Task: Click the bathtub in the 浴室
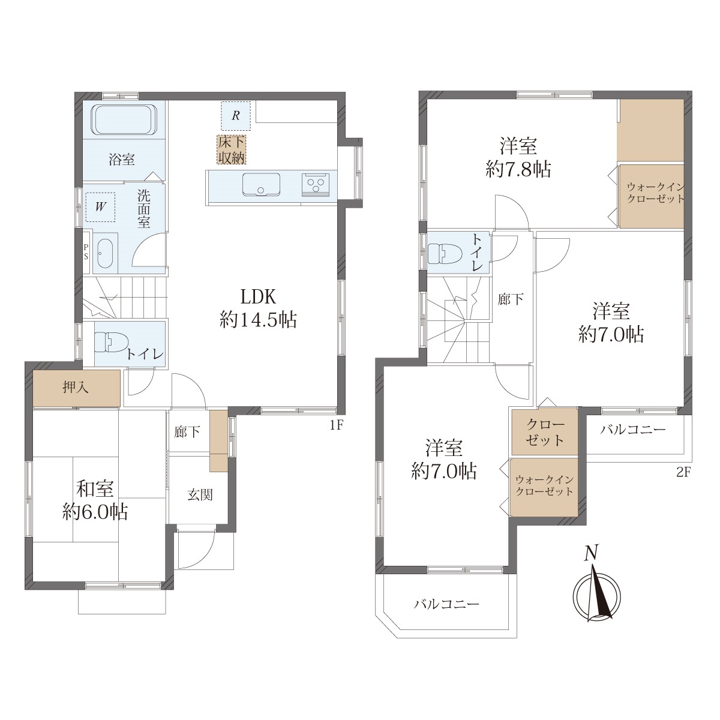pyautogui.click(x=124, y=119)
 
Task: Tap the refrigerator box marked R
pyautogui.click(x=235, y=115)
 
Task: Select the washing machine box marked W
pyautogui.click(x=100, y=207)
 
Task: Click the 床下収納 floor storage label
pyautogui.click(x=232, y=149)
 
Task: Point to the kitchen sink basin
pyautogui.click(x=261, y=184)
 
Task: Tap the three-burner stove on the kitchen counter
pyautogui.click(x=316, y=184)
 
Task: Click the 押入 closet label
pyautogui.click(x=76, y=388)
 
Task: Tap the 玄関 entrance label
pyautogui.click(x=200, y=495)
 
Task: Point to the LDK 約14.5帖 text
pyautogui.click(x=259, y=309)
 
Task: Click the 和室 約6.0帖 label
pyautogui.click(x=95, y=500)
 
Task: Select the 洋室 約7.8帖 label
pyautogui.click(x=518, y=157)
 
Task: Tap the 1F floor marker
pyautogui.click(x=336, y=425)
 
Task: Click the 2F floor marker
pyautogui.click(x=683, y=472)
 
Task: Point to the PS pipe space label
pyautogui.click(x=86, y=252)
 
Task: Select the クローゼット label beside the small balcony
pyautogui.click(x=545, y=433)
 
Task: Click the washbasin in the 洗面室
pyautogui.click(x=104, y=253)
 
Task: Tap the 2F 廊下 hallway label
pyautogui.click(x=511, y=299)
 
